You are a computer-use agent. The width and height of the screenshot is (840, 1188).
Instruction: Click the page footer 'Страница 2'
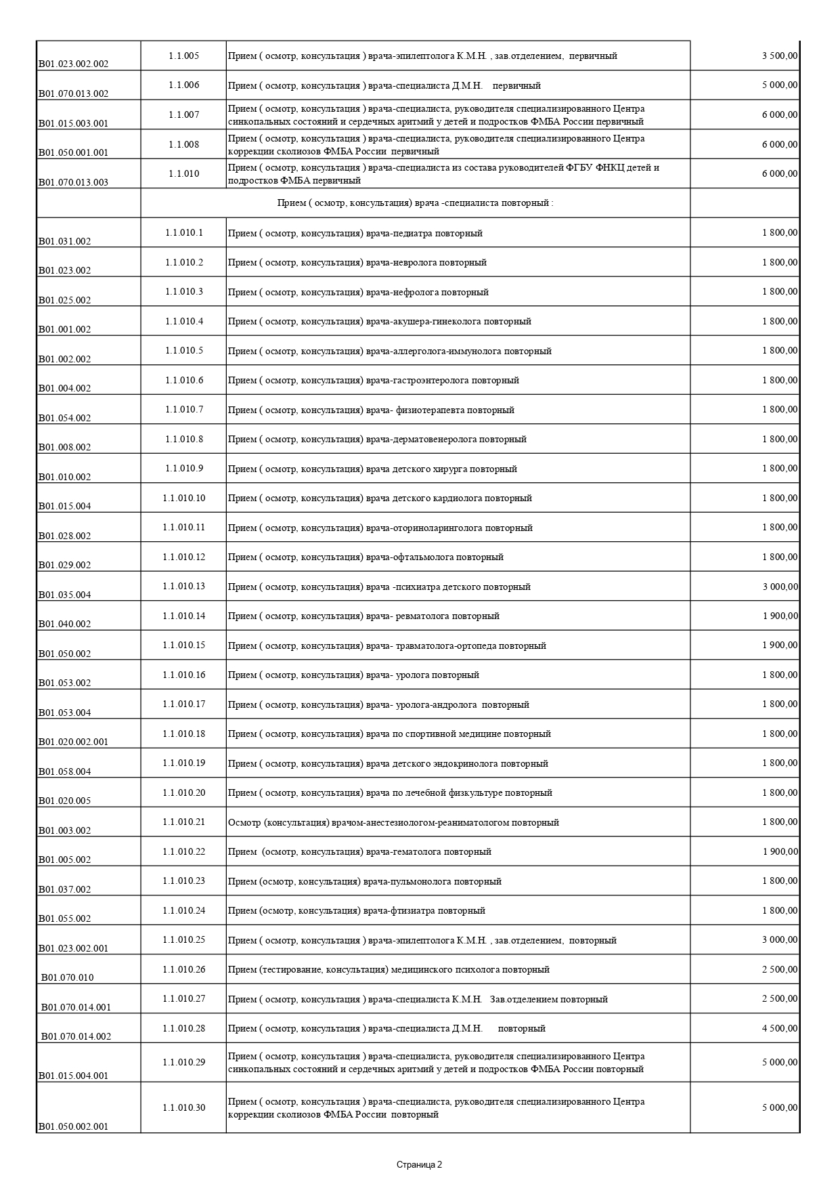pyautogui.click(x=419, y=1165)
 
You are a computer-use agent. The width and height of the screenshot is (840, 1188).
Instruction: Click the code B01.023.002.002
pyautogui.click(x=73, y=64)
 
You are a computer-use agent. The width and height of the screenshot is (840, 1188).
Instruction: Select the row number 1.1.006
pyautogui.click(x=183, y=85)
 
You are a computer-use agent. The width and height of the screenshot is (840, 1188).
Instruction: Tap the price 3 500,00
pyautogui.click(x=780, y=56)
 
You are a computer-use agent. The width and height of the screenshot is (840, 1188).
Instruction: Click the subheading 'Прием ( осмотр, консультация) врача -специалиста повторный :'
pyautogui.click(x=415, y=203)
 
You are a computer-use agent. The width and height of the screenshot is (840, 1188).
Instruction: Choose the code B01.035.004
pyautogui.click(x=64, y=595)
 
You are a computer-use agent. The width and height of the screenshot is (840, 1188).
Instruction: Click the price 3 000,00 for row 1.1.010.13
pyautogui.click(x=780, y=587)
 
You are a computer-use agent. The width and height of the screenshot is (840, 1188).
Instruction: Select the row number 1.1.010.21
pyautogui.click(x=183, y=822)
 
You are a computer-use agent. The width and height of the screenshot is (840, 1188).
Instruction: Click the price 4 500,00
pyautogui.click(x=780, y=1029)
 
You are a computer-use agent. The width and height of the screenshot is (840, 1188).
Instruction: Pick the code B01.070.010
pyautogui.click(x=67, y=977)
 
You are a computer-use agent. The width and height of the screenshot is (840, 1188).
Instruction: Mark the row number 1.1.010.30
pyautogui.click(x=183, y=1108)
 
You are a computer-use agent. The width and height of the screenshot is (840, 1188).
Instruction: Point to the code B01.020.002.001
pyautogui.click(x=73, y=742)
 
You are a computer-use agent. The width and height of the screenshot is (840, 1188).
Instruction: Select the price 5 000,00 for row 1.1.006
pyautogui.click(x=780, y=85)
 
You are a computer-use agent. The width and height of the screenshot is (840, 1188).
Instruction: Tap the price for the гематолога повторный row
pyautogui.click(x=780, y=852)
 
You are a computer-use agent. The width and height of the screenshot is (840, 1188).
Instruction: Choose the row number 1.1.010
pyautogui.click(x=183, y=174)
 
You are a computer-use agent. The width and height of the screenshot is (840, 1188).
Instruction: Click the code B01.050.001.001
pyautogui.click(x=73, y=152)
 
